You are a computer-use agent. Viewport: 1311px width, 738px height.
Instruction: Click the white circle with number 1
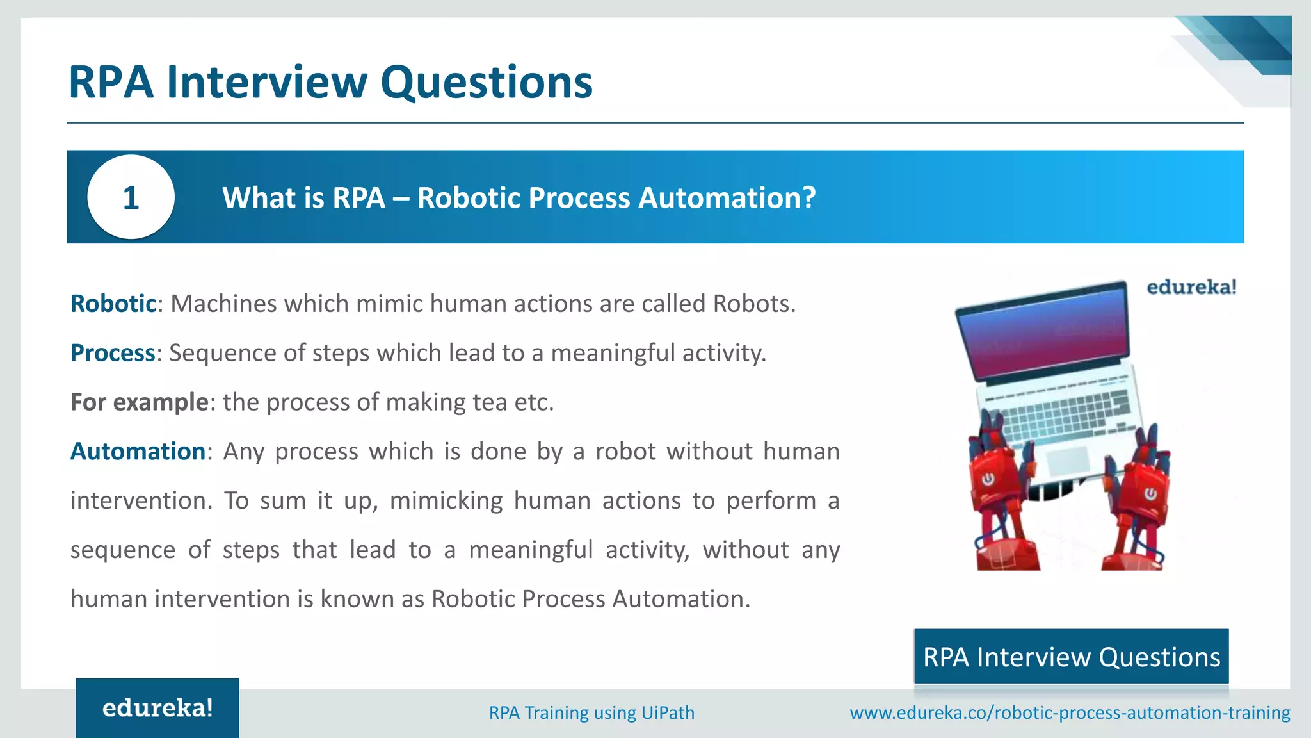coord(131,197)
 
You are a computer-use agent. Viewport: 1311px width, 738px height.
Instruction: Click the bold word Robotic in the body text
coord(113,304)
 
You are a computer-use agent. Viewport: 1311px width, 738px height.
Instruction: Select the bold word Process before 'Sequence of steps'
coord(113,353)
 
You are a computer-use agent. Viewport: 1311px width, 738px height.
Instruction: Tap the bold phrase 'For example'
coord(139,402)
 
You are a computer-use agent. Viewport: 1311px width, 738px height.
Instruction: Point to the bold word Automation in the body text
coord(138,452)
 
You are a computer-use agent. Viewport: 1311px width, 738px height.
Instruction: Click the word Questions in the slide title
coord(487,82)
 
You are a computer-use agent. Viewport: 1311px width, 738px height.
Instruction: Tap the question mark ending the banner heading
coord(808,197)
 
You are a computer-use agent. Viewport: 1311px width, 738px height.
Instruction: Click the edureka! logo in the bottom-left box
coord(157,708)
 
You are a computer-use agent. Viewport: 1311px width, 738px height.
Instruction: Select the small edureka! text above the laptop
coord(1191,287)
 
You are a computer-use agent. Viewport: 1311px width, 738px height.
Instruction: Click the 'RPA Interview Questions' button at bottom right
coord(1071,657)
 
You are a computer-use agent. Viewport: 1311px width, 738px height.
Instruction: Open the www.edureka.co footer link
coord(1070,712)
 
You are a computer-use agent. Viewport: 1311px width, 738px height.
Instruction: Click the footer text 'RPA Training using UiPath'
coord(591,712)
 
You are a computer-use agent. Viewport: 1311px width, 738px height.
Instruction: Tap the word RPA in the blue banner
coord(358,197)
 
